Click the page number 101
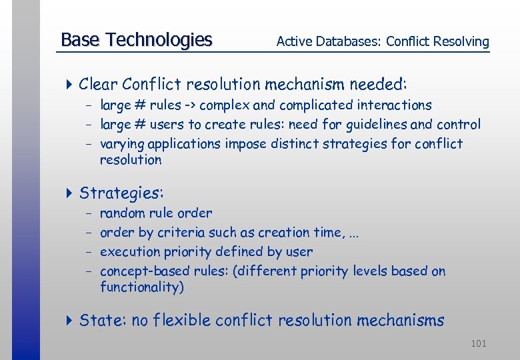[478, 343]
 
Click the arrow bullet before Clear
[70, 85]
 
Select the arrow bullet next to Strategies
[70, 194]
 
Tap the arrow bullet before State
[70, 321]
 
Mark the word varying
[122, 144]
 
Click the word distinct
[296, 144]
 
